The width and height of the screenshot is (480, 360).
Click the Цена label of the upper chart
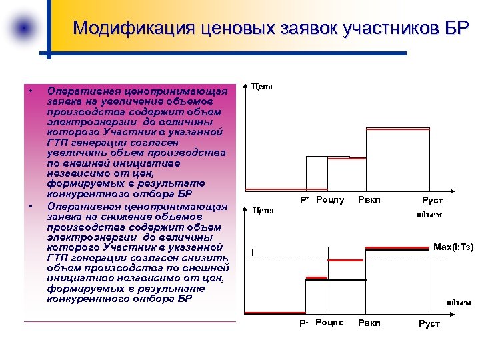261,87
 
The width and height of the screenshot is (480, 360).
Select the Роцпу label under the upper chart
330,199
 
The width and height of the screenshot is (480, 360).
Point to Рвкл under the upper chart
369,199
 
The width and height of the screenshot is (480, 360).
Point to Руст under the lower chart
429,323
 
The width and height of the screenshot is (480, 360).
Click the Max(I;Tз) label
453,247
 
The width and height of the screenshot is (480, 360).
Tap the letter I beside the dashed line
253,252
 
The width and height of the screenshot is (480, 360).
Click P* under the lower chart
303,323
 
